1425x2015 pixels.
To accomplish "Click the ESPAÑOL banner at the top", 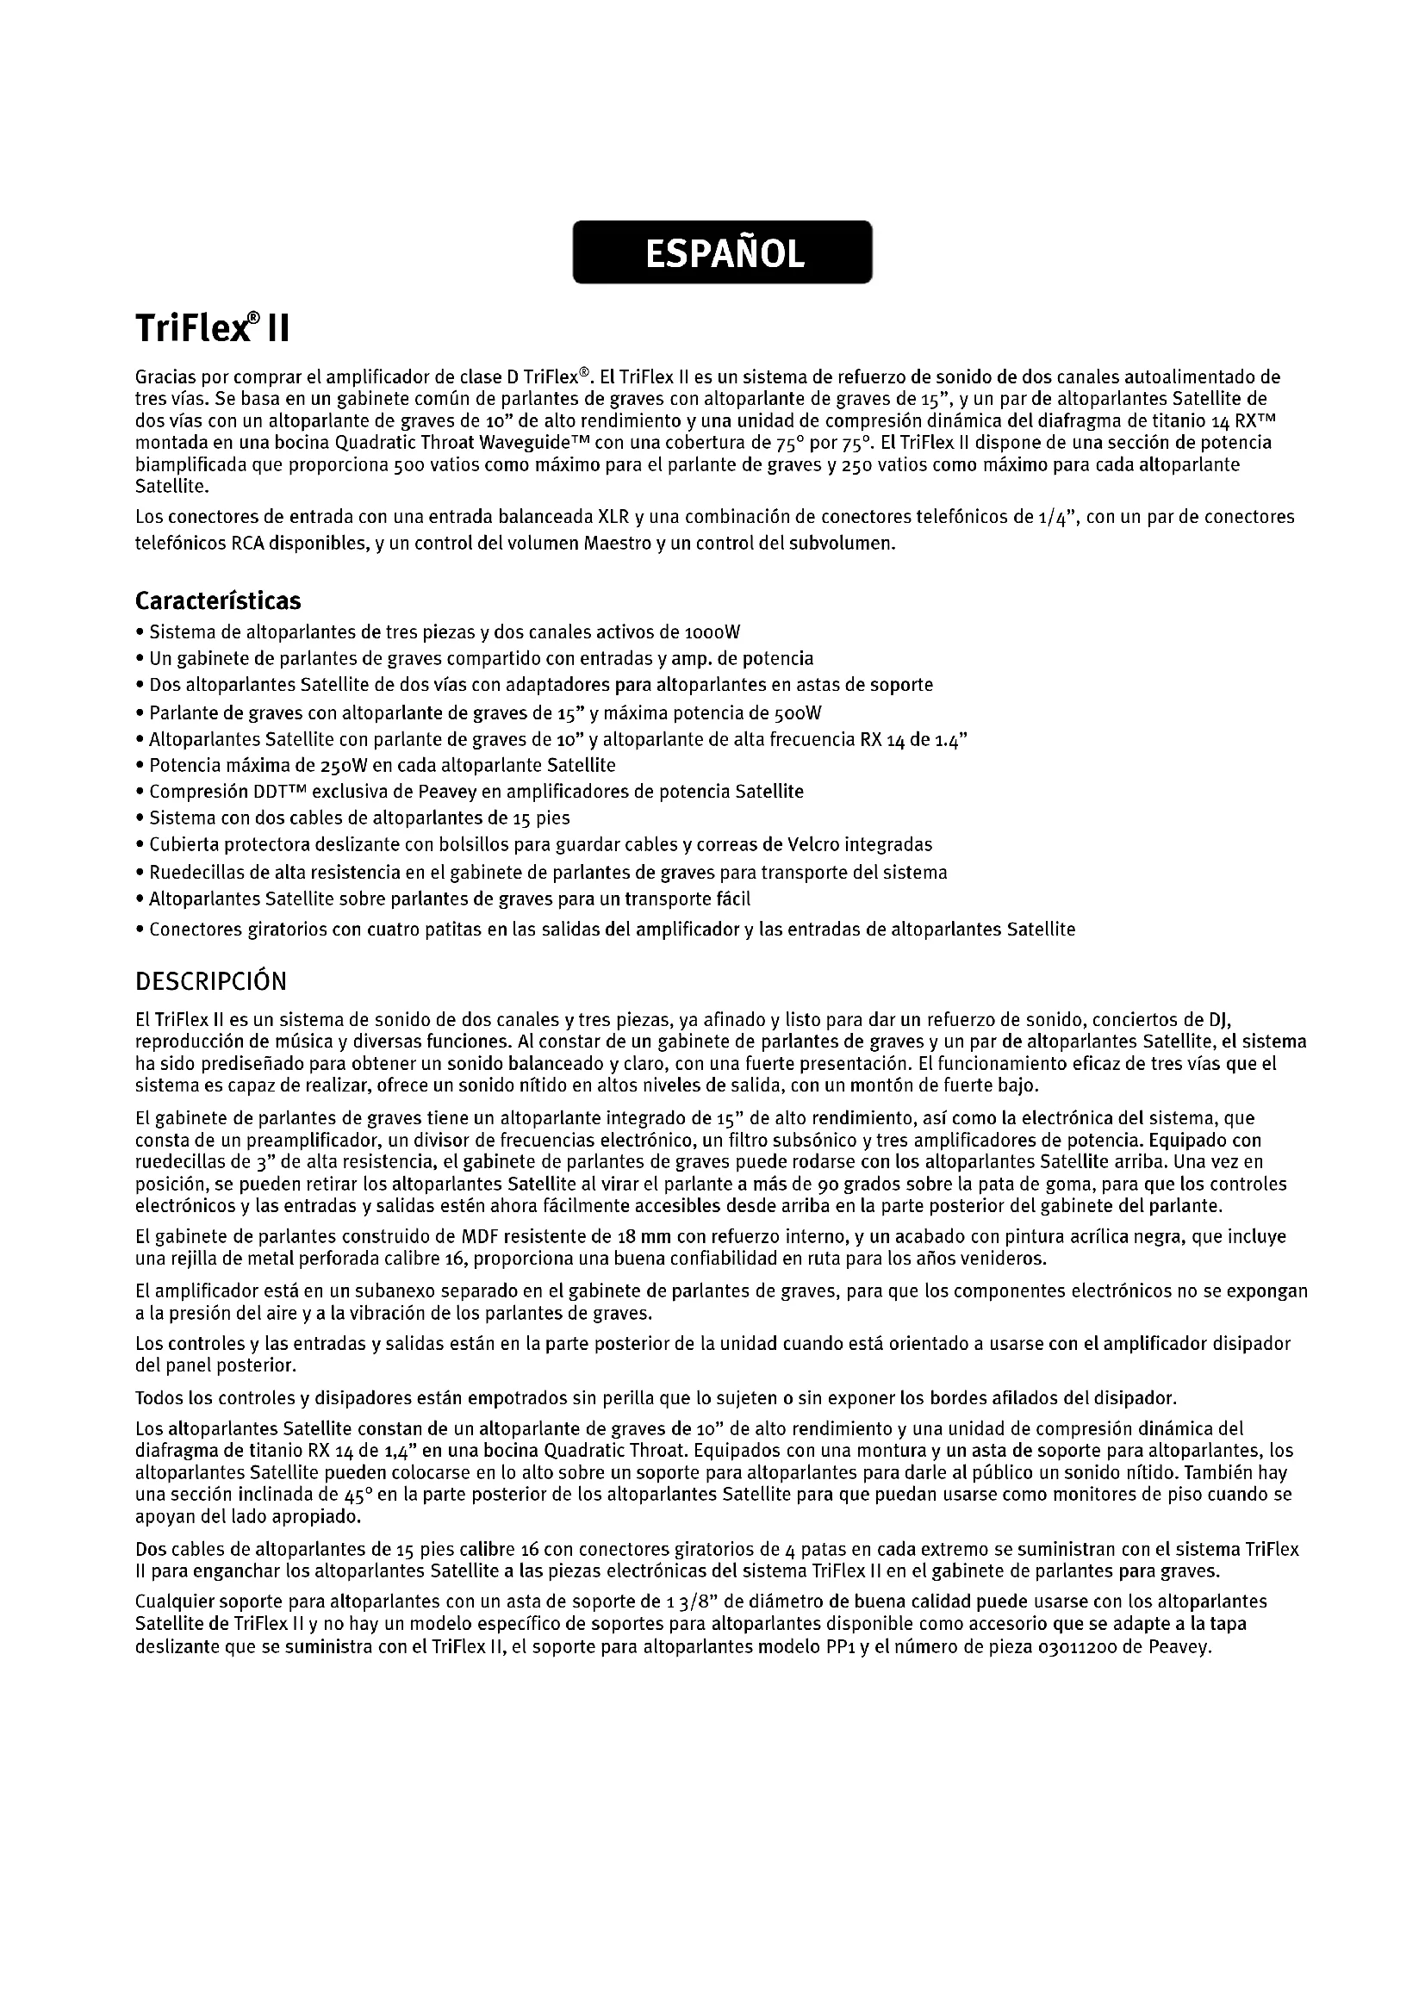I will (722, 252).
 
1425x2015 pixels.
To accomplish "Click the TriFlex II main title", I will (211, 329).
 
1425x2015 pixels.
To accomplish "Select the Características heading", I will (218, 601).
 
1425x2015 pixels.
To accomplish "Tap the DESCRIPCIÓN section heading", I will (210, 981).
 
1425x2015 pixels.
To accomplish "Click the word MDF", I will (480, 1237).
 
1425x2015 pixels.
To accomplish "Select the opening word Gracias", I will (165, 378).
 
